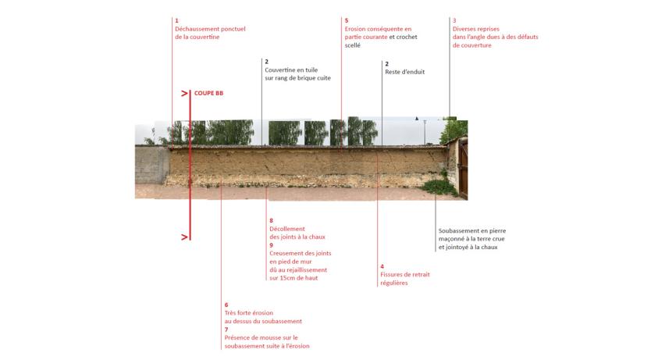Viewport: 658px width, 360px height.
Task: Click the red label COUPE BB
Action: coord(208,93)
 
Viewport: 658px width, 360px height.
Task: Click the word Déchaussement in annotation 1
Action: coord(194,29)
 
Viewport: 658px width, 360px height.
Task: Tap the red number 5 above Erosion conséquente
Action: coord(347,20)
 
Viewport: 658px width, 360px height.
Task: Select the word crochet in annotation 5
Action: coord(407,37)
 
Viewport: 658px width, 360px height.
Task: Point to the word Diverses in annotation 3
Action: coord(464,29)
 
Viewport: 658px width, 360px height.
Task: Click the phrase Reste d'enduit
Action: coord(405,72)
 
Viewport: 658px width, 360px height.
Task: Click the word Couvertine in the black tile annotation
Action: coord(279,70)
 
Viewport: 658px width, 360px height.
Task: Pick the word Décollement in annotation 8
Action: coord(287,229)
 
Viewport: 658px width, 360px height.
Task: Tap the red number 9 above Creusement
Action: coord(271,245)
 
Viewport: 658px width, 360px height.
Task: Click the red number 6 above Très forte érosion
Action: coord(226,305)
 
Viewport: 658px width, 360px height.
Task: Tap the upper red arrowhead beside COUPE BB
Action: coord(184,93)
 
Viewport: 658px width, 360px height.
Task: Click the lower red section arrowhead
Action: coord(184,237)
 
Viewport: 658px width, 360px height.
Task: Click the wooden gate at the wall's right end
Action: coord(463,169)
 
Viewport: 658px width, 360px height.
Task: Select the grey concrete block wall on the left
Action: coord(152,165)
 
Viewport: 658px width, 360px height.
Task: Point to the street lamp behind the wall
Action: coord(425,131)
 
